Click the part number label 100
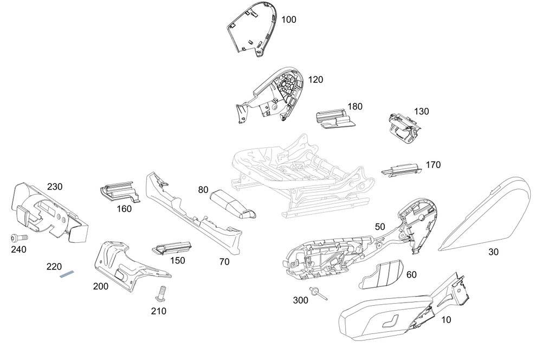pyautogui.click(x=289, y=20)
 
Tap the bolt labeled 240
pyautogui.click(x=16, y=237)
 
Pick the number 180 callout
pyautogui.click(x=355, y=106)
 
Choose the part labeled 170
pyautogui.click(x=401, y=170)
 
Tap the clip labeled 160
pyautogui.click(x=118, y=192)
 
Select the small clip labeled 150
pyautogui.click(x=172, y=248)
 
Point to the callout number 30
pyautogui.click(x=493, y=252)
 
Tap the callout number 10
pyautogui.click(x=446, y=320)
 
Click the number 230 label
pyautogui.click(x=55, y=187)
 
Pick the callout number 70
pyautogui.click(x=224, y=262)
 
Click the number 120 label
pyautogui.click(x=315, y=80)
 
